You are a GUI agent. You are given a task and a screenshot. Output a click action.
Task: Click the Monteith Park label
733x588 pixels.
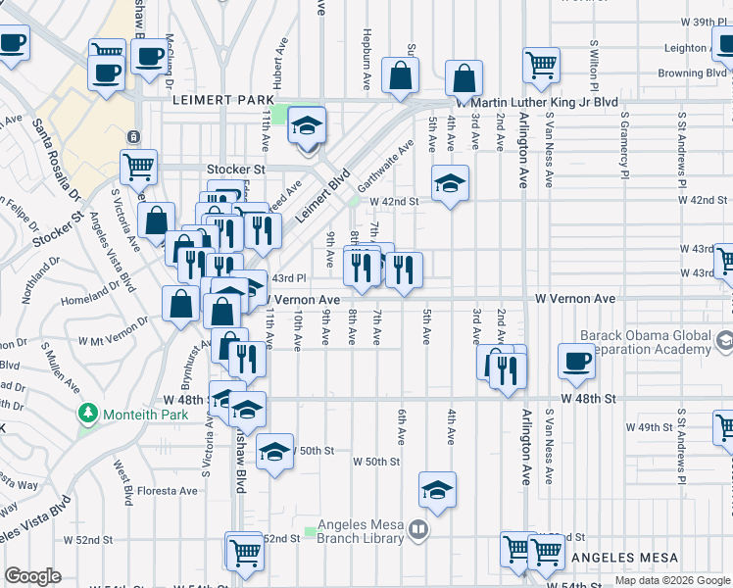pyautogui.click(x=132, y=415)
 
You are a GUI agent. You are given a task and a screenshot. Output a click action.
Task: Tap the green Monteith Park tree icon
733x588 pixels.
pyautogui.click(x=89, y=415)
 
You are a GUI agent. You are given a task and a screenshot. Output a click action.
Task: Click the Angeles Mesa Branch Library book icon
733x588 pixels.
pyautogui.click(x=418, y=531)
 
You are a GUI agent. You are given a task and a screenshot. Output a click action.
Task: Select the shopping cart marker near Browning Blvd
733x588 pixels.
pyautogui.click(x=541, y=65)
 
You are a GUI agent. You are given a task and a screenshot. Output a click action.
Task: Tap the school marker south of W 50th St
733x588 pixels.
pyautogui.click(x=437, y=489)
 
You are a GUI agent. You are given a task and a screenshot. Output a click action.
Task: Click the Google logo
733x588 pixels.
pyautogui.click(x=32, y=576)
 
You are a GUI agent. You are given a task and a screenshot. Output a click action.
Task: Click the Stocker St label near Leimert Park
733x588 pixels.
pyautogui.click(x=235, y=169)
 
